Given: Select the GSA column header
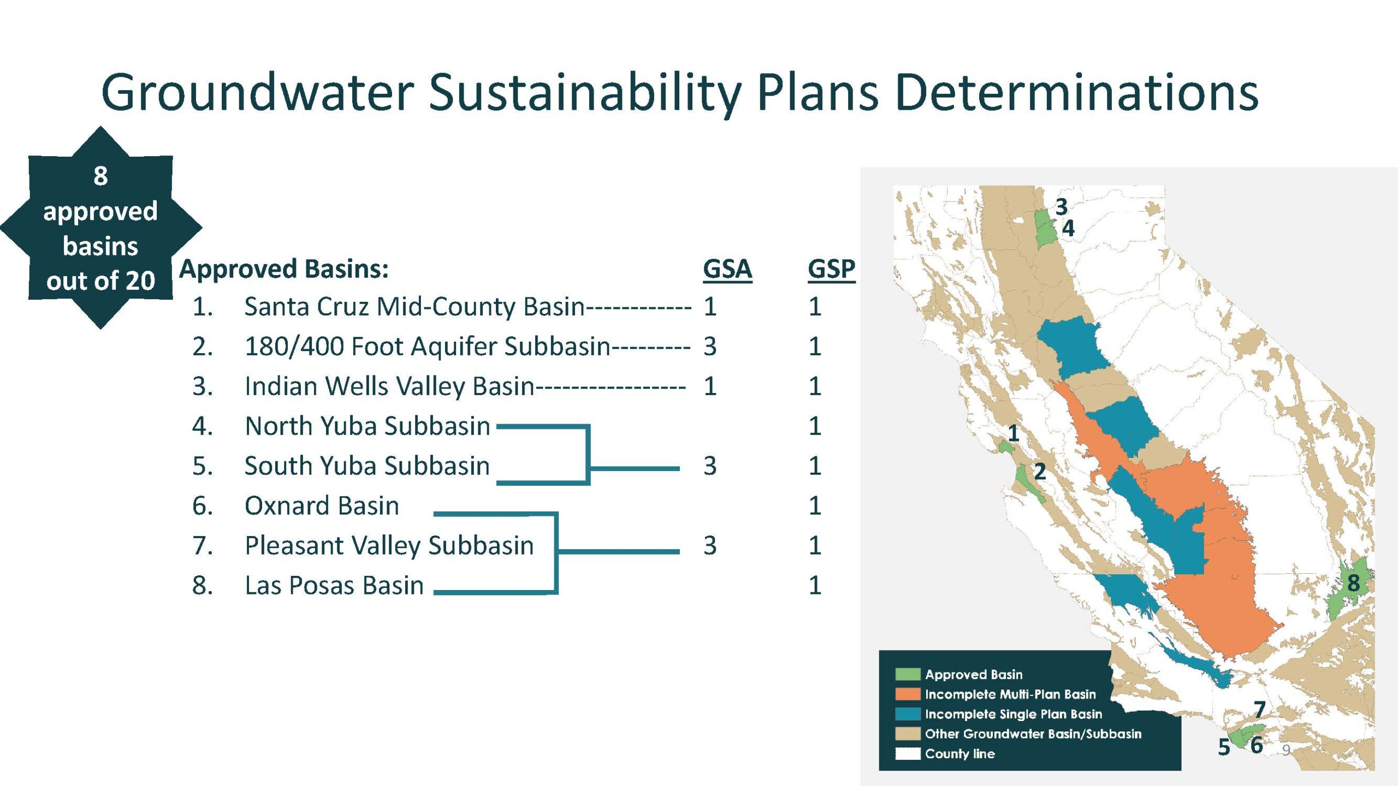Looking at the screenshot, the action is click(727, 269).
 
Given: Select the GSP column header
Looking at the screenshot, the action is click(832, 269).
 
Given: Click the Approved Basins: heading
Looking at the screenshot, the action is click(284, 269).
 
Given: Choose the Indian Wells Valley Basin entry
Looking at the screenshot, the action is click(389, 386).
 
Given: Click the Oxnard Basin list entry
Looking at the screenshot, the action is click(322, 506).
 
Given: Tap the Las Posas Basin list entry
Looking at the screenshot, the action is click(334, 586).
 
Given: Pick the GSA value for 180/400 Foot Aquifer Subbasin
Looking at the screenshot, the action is click(710, 347).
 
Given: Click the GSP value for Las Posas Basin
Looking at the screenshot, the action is click(815, 586).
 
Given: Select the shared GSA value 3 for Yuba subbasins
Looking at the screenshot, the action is click(710, 466).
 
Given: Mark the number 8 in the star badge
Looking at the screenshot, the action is click(100, 176).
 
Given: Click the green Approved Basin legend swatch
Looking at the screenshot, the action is click(908, 675).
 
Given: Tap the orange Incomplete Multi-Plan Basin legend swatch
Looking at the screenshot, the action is click(908, 694).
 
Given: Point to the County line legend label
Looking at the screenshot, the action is click(960, 754).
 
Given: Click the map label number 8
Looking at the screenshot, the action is click(1354, 583).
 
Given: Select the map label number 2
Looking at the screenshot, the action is click(1040, 472).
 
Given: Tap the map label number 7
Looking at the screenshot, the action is click(1260, 710).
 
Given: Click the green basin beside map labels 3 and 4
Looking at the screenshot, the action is click(1045, 228).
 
